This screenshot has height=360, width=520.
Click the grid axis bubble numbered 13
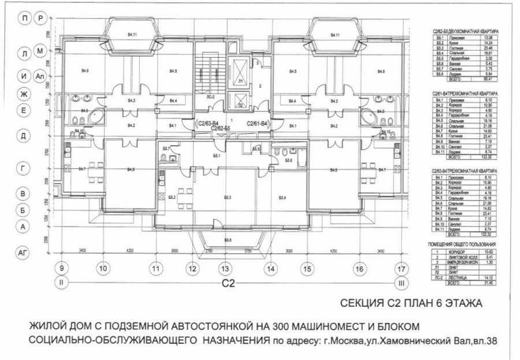tap(225, 269)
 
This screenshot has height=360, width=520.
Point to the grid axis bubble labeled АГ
tap(23, 253)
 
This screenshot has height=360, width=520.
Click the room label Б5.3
tap(227, 197)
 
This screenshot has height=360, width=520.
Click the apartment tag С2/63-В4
tap(207, 123)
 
